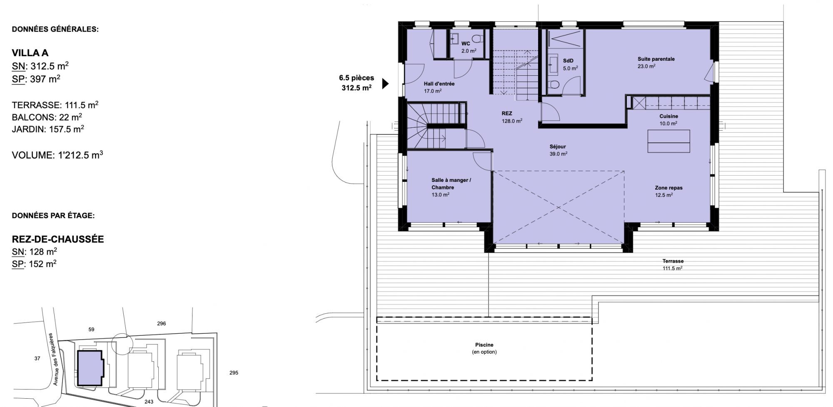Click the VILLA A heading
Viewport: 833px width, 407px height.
[x=30, y=53]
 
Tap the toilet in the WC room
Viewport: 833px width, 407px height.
[x=479, y=39]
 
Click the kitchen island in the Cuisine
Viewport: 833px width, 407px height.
[x=668, y=141]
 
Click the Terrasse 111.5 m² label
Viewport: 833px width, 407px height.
[x=673, y=265]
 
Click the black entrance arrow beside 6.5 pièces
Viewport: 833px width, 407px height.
[x=385, y=84]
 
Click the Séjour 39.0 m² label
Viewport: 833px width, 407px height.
[x=558, y=150]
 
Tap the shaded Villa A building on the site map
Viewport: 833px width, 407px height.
[x=90, y=368]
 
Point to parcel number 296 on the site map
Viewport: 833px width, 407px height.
[x=161, y=323]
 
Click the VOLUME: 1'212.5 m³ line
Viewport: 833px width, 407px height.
[x=57, y=155]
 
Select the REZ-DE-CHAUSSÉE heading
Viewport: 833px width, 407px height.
[x=58, y=239]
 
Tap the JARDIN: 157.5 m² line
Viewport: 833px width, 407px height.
[x=48, y=129]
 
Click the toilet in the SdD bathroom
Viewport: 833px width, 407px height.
[x=554, y=85]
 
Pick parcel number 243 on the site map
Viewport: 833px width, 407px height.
[x=149, y=402]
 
